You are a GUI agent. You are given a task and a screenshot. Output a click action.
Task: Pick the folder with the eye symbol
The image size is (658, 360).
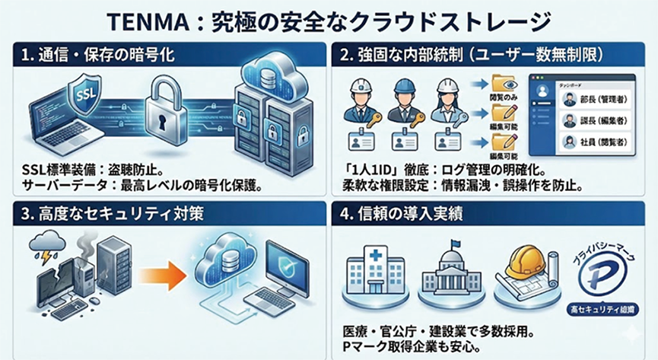[x=504, y=83]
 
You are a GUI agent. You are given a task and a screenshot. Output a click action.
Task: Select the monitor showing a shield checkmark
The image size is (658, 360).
[x=284, y=263]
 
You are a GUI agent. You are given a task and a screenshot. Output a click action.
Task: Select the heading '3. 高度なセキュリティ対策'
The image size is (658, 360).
[x=106, y=214]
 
